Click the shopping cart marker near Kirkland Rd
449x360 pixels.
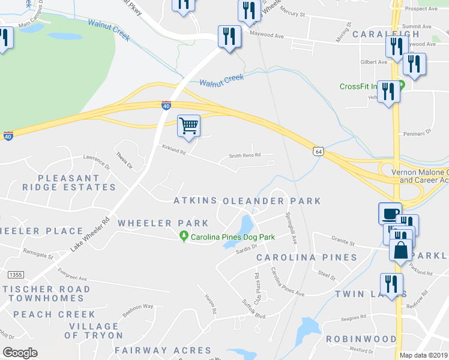point(188,126)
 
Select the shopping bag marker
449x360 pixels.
point(401,249)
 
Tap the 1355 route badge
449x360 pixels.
point(16,274)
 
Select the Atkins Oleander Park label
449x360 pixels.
point(247,201)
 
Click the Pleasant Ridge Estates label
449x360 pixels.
point(77,182)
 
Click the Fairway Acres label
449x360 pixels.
point(163,350)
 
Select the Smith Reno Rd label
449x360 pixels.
point(245,155)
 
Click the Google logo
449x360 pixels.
point(20,352)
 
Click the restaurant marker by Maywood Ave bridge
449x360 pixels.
point(229,36)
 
